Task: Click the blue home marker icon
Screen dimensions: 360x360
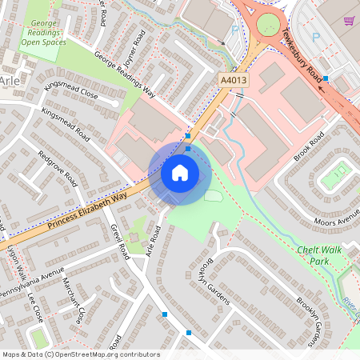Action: click(x=180, y=171)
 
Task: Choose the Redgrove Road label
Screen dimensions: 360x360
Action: click(x=57, y=164)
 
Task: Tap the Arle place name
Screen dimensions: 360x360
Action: click(x=10, y=82)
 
